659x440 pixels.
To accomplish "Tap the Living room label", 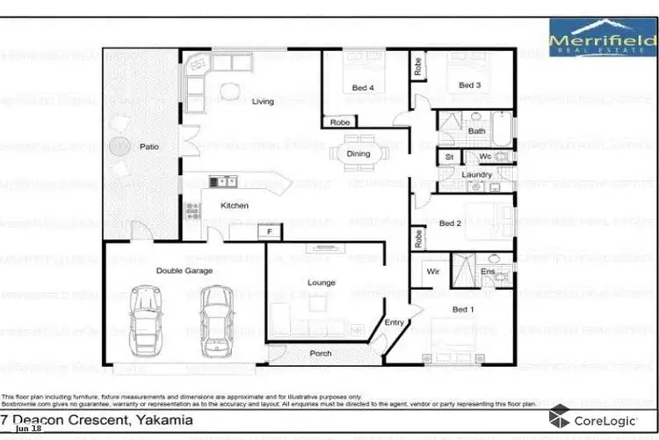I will (x=263, y=102).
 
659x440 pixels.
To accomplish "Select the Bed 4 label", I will (x=363, y=87).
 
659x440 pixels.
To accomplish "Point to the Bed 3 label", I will (x=469, y=85).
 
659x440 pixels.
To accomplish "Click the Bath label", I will (x=476, y=131).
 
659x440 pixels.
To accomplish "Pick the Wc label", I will (x=484, y=157).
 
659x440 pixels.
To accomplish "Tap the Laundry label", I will (x=476, y=174).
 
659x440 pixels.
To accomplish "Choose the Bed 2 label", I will (x=450, y=224).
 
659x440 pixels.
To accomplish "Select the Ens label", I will (x=488, y=272).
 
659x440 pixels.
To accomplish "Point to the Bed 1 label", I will (x=462, y=310).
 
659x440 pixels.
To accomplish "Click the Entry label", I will (x=395, y=323).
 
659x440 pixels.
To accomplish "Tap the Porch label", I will (x=321, y=354).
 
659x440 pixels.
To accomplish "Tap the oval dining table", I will (x=358, y=153).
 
